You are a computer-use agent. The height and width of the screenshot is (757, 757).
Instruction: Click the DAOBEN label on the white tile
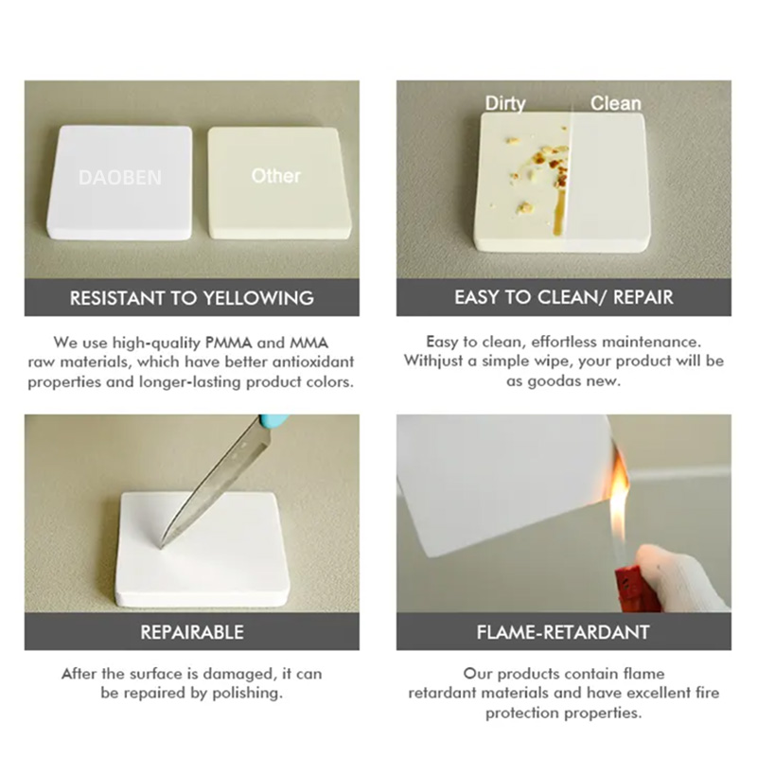coord(120,178)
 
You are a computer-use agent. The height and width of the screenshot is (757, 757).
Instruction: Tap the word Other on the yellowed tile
coord(275,176)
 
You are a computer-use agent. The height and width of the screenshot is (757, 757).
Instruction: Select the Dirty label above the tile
coord(505,104)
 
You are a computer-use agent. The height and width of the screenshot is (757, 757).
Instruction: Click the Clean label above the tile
coord(616,103)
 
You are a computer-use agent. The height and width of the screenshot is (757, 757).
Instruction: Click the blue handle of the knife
coord(273,421)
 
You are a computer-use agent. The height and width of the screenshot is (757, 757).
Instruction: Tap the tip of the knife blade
coord(161,546)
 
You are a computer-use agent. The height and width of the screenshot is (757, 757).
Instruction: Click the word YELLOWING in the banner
coord(258,298)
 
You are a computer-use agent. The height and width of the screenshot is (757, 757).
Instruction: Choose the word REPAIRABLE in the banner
coord(192,632)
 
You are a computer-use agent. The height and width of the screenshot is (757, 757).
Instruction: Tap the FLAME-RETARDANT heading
coord(563,632)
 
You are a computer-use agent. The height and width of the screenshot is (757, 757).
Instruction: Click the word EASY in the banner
coord(477,297)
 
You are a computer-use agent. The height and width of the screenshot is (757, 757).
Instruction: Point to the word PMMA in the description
coord(228,343)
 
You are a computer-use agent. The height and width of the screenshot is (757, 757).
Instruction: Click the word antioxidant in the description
coord(313,361)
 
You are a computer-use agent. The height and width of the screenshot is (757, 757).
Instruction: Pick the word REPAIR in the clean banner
coord(643,297)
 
